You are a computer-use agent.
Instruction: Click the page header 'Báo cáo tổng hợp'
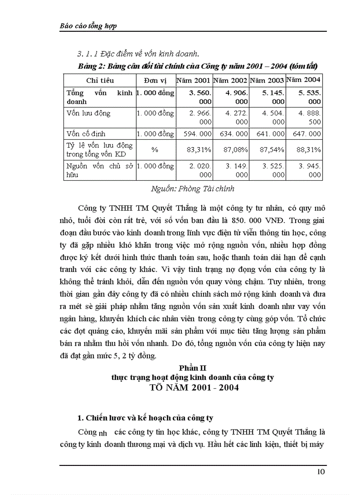(x=88, y=26)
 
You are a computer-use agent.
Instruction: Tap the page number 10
(x=321, y=472)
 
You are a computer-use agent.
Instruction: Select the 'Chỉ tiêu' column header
(x=100, y=80)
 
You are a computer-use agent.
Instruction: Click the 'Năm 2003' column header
(x=267, y=80)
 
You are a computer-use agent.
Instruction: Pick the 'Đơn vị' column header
(x=155, y=80)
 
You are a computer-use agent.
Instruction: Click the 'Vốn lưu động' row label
(x=88, y=113)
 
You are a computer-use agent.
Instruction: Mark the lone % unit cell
(x=155, y=150)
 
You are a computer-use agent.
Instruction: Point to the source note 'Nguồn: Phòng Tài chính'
(x=192, y=189)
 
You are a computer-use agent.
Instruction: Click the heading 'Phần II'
(x=193, y=367)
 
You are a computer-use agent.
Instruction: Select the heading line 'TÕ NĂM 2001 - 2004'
(x=194, y=388)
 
